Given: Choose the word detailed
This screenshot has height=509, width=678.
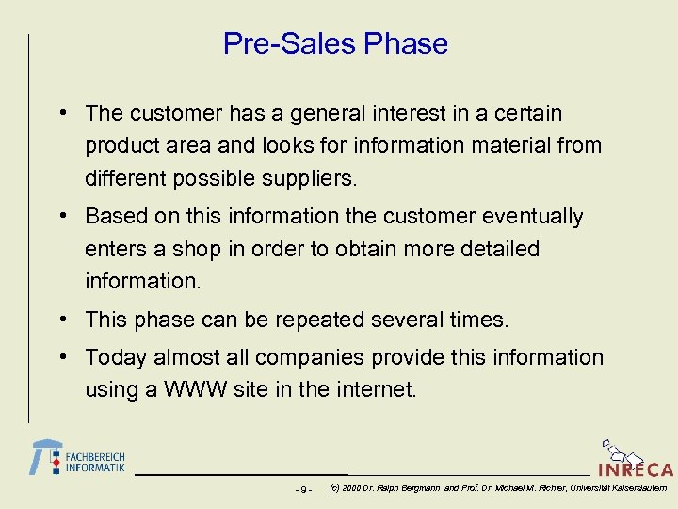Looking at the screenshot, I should (x=493, y=250).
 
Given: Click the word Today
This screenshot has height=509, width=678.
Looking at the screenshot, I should (x=115, y=358).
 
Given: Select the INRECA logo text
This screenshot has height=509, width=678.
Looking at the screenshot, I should (x=636, y=469).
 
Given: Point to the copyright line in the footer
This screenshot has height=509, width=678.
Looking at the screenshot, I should (x=497, y=488).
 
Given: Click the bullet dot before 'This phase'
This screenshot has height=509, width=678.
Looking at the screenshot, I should (x=61, y=319).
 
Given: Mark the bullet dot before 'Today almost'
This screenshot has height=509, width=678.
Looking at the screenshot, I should (x=61, y=356).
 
